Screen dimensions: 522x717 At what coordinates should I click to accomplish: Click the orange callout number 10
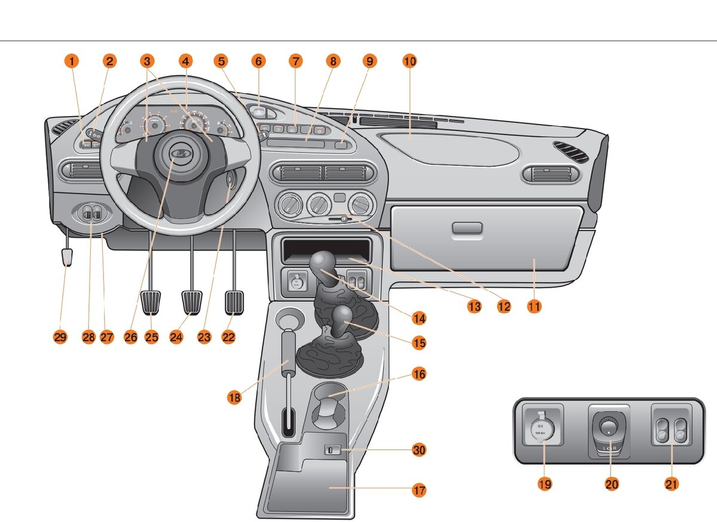(409, 61)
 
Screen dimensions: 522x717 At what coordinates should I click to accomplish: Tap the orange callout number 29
(60, 337)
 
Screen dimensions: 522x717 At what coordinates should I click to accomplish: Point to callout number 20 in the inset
(611, 484)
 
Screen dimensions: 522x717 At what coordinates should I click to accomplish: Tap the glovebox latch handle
(467, 228)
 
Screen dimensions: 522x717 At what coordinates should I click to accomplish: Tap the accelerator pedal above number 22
(235, 301)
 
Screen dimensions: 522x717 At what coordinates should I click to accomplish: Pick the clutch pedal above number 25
(152, 301)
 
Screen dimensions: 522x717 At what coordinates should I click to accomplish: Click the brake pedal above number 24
(192, 301)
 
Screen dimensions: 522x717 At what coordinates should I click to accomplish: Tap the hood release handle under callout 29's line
(66, 257)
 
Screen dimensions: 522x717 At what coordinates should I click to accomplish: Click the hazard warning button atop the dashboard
(259, 112)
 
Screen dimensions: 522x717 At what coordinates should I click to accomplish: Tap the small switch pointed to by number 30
(331, 450)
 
